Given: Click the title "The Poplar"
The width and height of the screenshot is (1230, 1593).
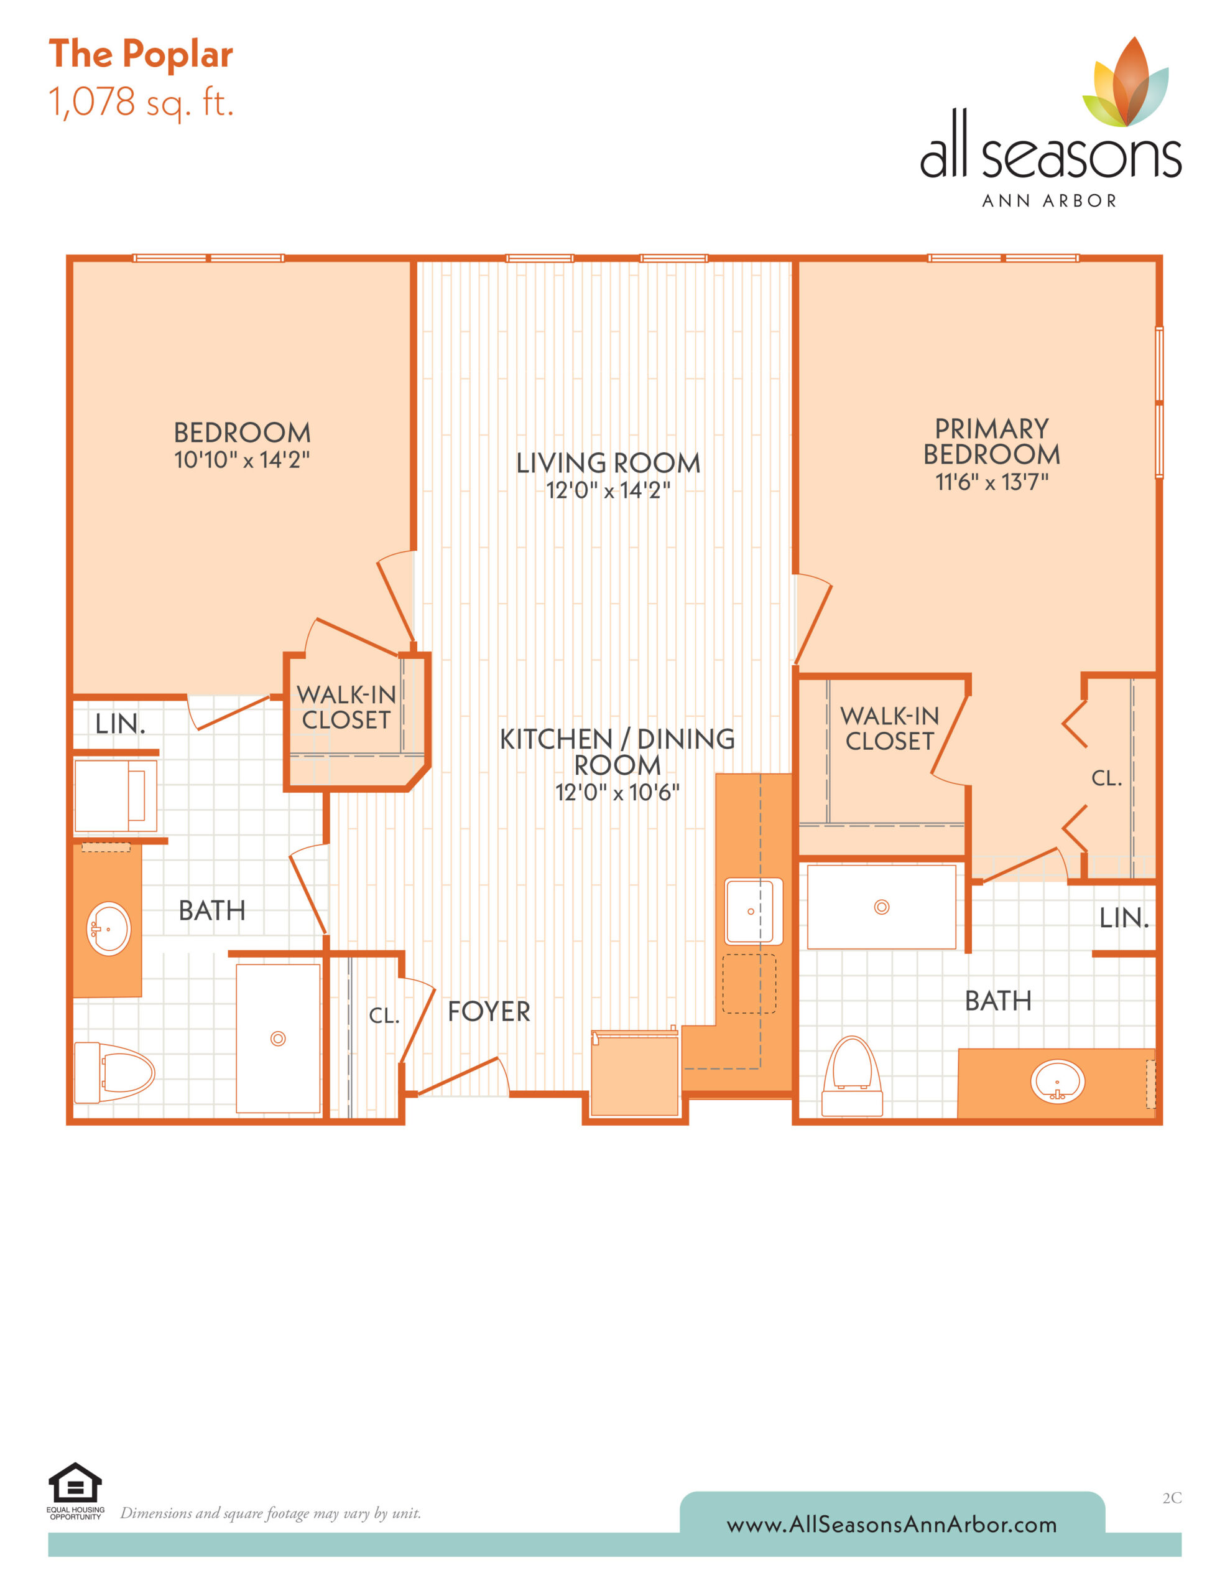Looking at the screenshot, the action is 141,55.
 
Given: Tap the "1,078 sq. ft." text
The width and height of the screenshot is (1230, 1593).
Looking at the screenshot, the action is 141,102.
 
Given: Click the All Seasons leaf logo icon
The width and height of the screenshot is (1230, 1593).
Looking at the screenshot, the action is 1125,82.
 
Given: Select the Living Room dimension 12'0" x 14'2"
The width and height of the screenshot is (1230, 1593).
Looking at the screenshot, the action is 608,490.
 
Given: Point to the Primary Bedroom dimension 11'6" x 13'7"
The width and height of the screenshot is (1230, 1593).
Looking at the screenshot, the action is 992,482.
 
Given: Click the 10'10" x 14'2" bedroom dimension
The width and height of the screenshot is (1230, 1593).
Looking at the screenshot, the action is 241,459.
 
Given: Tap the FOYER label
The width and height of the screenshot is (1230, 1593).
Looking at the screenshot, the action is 489,1012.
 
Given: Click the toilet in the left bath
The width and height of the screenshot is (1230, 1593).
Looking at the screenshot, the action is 114,1072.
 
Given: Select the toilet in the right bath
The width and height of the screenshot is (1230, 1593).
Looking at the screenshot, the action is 853,1076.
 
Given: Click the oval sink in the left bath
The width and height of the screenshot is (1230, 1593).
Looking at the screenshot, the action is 109,928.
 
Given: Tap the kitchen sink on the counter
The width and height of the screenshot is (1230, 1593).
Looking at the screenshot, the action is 753,911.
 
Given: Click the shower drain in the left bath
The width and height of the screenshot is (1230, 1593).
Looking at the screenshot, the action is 278,1039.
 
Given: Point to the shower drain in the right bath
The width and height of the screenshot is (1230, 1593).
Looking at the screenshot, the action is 882,907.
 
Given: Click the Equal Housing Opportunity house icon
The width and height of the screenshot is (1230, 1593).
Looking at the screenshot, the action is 75,1483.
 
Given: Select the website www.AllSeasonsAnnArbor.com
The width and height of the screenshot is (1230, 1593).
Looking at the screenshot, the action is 892,1525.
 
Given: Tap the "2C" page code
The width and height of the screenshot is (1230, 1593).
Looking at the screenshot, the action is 1172,1498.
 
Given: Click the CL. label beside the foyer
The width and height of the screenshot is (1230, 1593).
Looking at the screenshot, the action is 384,1016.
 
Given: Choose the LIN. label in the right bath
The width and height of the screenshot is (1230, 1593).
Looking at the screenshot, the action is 1124,918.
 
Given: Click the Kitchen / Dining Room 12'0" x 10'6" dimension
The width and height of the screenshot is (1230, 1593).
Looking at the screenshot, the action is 617,792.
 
